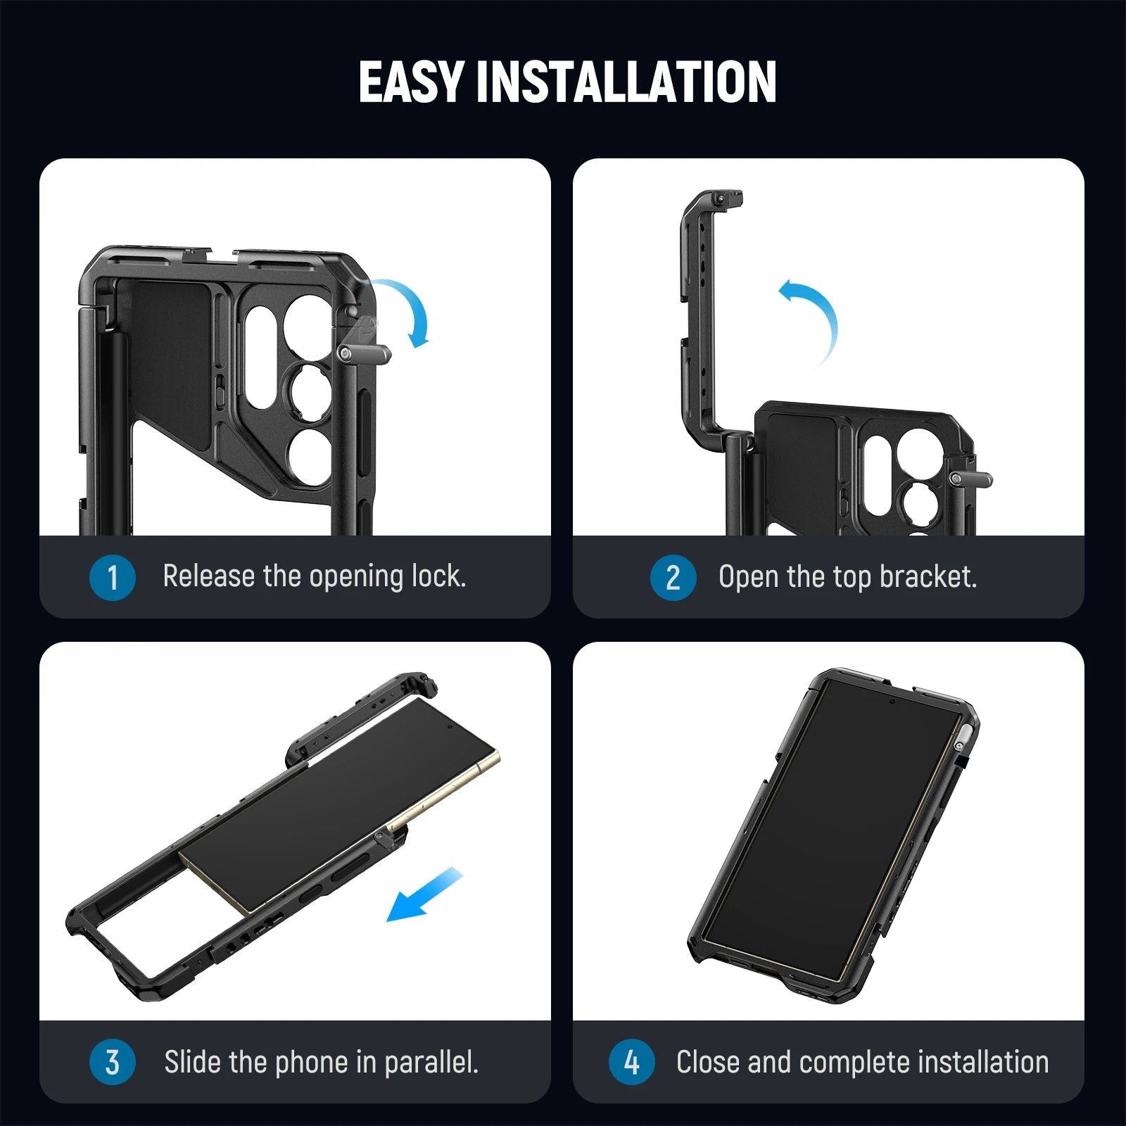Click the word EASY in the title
click(410, 82)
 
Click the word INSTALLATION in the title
click(626, 82)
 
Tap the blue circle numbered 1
click(112, 577)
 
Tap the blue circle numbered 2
click(673, 577)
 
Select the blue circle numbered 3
click(112, 1062)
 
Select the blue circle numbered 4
click(631, 1062)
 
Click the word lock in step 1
click(438, 576)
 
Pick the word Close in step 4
click(709, 1062)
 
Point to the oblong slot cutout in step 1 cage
click(260, 357)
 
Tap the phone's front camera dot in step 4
click(892, 702)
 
